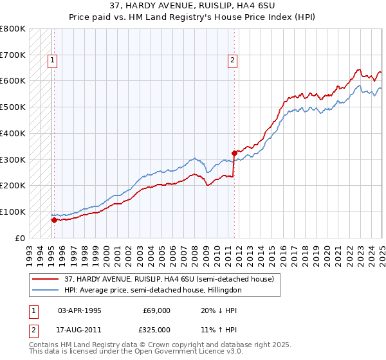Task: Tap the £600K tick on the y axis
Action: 13,81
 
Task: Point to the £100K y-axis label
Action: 13,212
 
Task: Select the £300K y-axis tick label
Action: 13,159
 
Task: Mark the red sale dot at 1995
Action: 54,220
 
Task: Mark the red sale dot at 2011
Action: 234,153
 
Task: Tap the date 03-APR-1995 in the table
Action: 80,310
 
